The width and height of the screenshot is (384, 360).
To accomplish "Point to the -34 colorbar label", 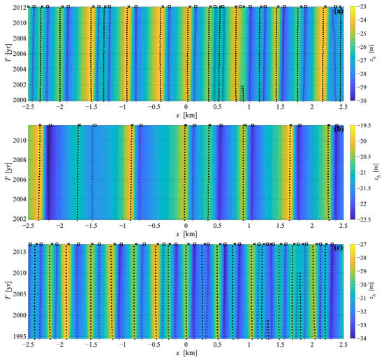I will tap(363, 338).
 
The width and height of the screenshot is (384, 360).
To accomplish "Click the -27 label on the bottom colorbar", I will tap(363, 245).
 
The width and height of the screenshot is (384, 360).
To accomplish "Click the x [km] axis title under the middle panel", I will tap(186, 233).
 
